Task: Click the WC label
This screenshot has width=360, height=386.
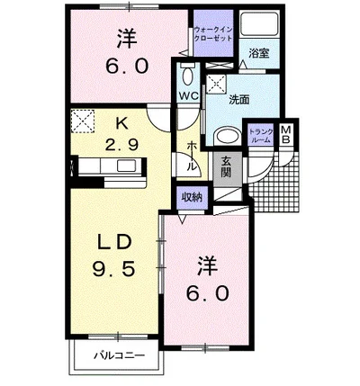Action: (189, 95)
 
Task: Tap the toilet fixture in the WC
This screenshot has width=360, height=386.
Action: (188, 75)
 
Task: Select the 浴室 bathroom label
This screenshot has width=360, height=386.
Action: (259, 53)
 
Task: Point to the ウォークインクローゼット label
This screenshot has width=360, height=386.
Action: (213, 34)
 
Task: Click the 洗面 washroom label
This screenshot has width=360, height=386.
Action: (239, 100)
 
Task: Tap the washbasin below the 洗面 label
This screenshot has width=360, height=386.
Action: (228, 137)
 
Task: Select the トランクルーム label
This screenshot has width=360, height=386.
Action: (261, 136)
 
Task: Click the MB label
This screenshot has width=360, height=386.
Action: (285, 134)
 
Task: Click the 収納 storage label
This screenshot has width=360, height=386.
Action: (192, 197)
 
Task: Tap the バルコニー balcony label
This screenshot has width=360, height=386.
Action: (120, 355)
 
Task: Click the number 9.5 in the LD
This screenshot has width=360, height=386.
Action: (113, 268)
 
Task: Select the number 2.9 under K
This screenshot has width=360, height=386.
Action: (122, 145)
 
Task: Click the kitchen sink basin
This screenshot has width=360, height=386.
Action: (126, 166)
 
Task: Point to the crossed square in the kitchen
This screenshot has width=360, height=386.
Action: (83, 121)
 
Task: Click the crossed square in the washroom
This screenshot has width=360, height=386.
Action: (217, 83)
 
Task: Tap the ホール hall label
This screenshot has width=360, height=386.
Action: (192, 157)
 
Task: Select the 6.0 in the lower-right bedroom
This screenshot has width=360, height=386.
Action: (208, 293)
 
